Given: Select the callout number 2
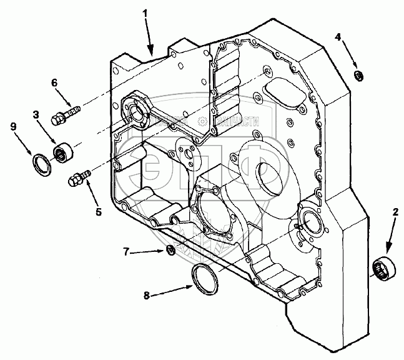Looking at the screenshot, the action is (395, 212).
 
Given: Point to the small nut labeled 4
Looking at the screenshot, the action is (359, 76).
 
